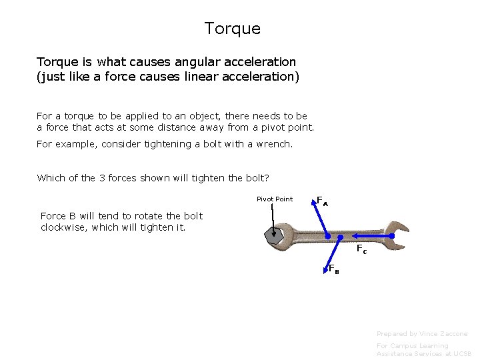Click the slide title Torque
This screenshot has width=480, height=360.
232,29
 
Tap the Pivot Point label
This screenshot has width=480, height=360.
275,199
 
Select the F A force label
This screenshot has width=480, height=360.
322,201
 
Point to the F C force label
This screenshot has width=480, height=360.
361,249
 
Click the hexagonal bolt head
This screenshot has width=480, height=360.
273,235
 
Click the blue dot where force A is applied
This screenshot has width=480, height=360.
327,236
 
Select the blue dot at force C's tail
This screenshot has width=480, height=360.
341,236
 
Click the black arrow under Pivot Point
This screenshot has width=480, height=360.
273,217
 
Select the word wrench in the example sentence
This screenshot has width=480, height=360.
273,143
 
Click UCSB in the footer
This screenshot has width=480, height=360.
461,354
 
